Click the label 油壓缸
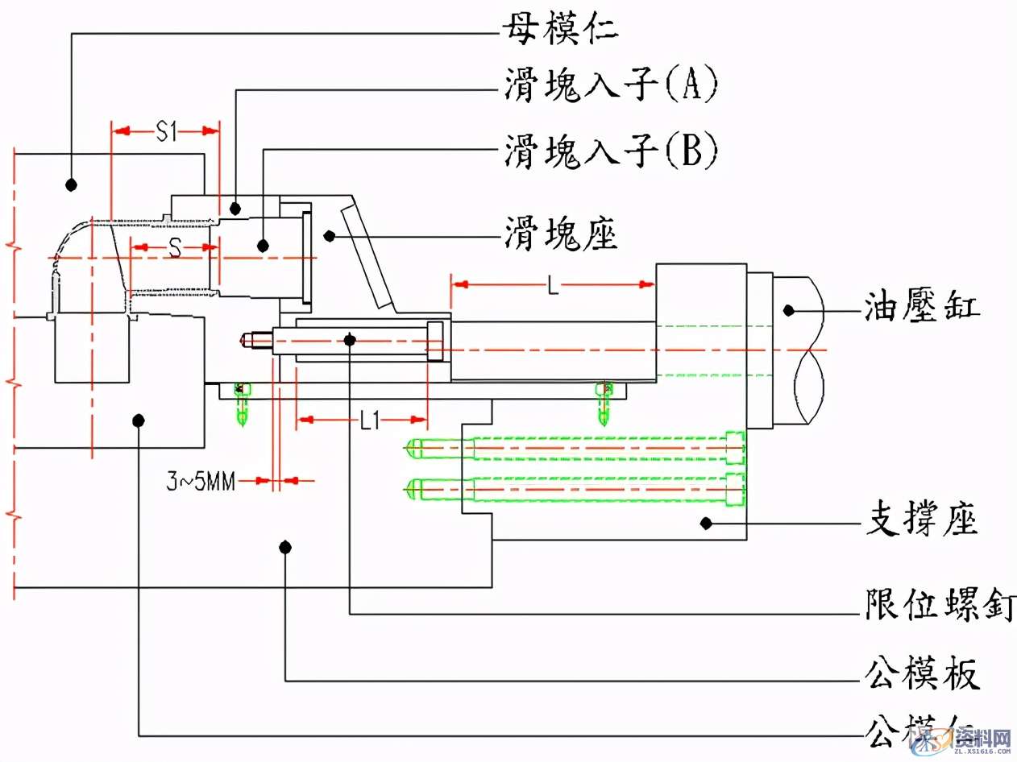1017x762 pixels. [924, 308]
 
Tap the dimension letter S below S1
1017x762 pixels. [173, 248]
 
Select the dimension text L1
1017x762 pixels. [370, 420]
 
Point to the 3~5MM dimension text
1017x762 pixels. [201, 482]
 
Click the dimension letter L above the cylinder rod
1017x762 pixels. [553, 286]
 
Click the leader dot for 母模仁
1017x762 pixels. [71, 184]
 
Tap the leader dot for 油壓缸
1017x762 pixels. [790, 309]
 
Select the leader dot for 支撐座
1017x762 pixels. [706, 523]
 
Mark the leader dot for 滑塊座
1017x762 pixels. [329, 234]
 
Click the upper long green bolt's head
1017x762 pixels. [734, 447]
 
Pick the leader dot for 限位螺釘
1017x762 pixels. [349, 341]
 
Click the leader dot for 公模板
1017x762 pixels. [284, 548]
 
